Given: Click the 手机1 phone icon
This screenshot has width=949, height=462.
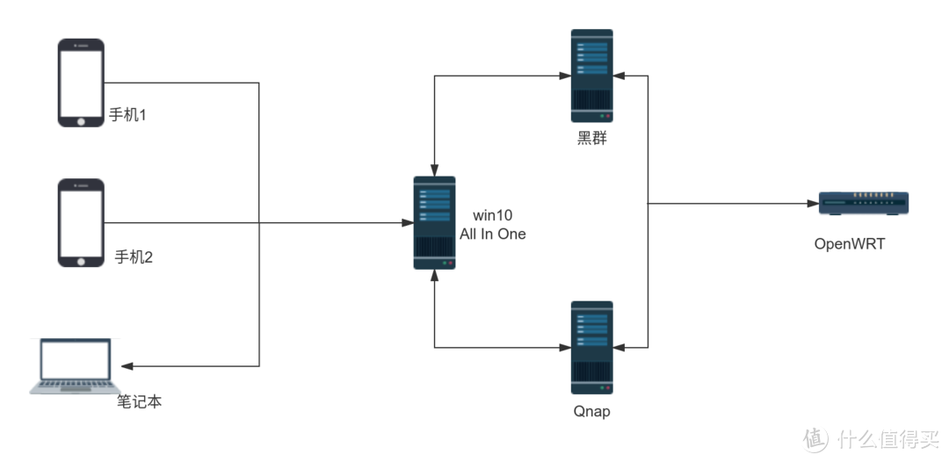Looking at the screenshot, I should point(81,83).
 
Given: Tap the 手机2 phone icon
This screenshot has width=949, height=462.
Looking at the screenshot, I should point(81,223).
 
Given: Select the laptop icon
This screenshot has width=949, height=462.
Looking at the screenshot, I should point(75,367).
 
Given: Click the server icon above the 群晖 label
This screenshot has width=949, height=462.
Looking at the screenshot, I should point(591,76).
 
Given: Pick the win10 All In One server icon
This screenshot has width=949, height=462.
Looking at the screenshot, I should point(435,223).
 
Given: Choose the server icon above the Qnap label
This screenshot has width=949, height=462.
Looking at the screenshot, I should point(591,347).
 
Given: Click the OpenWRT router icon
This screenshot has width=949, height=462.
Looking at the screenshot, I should point(863,204).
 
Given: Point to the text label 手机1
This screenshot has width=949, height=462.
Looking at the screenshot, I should point(127,115).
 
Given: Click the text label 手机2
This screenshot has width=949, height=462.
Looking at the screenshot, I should point(134,257).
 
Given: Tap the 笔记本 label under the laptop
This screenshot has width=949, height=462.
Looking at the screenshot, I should point(141,402).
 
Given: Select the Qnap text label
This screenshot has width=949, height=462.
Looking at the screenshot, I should point(591,411).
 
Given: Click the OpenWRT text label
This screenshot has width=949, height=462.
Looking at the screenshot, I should point(850,243).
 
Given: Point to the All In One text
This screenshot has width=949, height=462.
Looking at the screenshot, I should point(493,235).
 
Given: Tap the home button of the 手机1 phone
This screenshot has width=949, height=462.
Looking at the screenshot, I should point(81,119).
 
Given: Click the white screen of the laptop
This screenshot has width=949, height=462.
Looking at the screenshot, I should point(75,359).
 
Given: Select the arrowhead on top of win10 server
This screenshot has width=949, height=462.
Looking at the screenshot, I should point(434,168).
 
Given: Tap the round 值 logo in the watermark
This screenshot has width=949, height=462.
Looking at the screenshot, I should point(814,437).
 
